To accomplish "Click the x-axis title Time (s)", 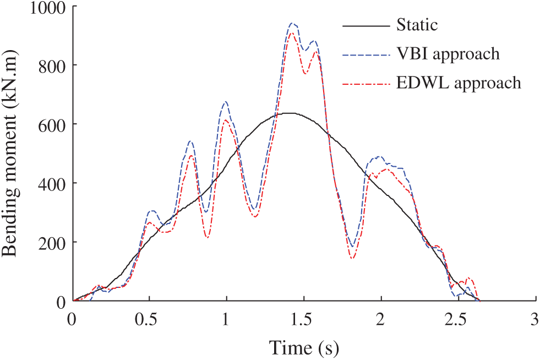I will pyautogui.click(x=303, y=347).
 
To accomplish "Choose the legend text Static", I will pyautogui.click(x=417, y=25).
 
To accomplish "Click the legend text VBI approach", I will pyautogui.click(x=448, y=54).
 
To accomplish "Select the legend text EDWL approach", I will pyautogui.click(x=458, y=83).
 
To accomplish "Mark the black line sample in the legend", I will pyautogui.click(x=364, y=25).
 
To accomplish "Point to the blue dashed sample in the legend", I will pyautogui.click(x=364, y=54).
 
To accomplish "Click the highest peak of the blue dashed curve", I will pyautogui.click(x=293, y=24).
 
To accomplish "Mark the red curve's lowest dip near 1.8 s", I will pyautogui.click(x=352, y=258).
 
